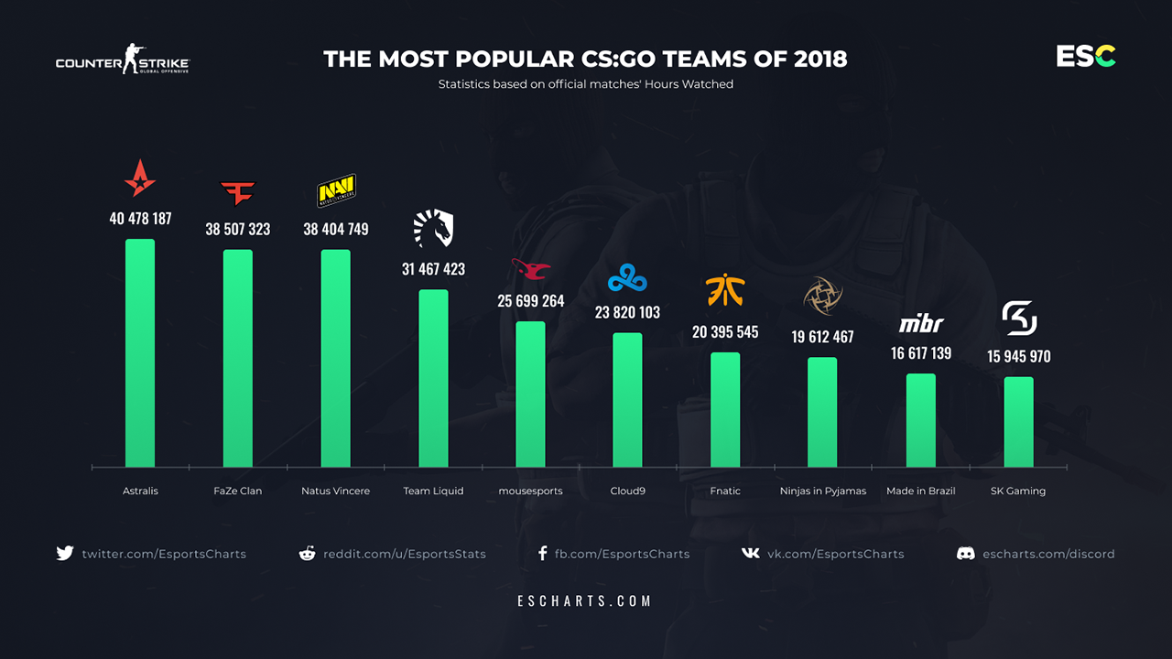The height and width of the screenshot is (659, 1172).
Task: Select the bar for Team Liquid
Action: point(433,378)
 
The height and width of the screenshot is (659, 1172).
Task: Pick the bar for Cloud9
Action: point(627,399)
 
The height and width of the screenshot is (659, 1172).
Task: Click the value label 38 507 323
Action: point(238,229)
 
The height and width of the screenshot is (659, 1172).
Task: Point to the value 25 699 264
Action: point(531,300)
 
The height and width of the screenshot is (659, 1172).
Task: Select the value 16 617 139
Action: point(921,352)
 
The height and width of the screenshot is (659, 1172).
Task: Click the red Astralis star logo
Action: point(140,178)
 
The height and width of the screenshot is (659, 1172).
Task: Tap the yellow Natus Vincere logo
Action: point(336,190)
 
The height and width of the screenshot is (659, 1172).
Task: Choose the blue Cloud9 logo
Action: point(627,275)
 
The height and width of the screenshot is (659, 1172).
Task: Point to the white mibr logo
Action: point(921,324)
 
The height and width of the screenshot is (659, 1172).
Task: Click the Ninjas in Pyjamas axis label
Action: point(823,492)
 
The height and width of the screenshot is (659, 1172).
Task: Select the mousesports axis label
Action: point(531,492)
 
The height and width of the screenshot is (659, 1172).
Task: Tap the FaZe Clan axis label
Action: point(238,492)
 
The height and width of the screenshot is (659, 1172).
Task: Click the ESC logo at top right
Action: point(1086,57)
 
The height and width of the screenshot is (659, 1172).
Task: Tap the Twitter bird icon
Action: point(64,554)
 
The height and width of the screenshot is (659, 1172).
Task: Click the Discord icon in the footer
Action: point(965,554)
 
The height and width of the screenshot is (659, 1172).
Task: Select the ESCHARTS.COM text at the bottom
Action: point(585,601)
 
